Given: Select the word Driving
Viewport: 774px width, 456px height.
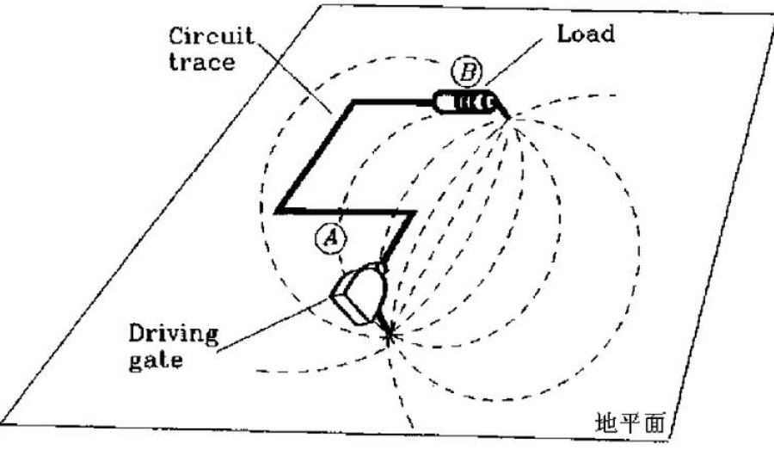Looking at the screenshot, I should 173,333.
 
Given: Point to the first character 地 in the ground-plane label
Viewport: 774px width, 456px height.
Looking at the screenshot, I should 605,422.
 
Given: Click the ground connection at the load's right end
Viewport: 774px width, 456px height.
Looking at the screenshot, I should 507,117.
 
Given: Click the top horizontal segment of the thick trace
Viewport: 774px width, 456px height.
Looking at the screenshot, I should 391,102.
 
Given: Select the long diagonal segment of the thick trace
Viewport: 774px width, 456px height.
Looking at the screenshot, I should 315,156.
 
